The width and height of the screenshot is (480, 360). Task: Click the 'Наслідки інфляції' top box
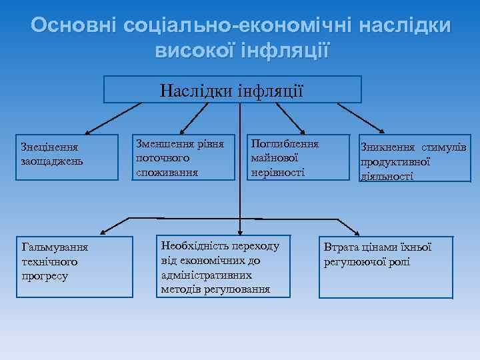click(233, 89)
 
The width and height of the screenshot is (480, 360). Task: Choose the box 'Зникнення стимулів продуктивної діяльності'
click(413, 161)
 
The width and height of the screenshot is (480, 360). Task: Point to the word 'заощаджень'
click(52, 161)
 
